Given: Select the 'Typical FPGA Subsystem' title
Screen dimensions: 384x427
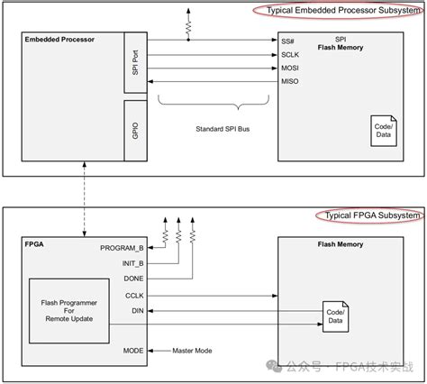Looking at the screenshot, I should click(368, 215).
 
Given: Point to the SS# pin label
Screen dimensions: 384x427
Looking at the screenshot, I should click(289, 41).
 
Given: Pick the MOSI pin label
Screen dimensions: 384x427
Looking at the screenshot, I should click(291, 69).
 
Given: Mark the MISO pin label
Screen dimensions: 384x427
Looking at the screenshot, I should click(291, 83).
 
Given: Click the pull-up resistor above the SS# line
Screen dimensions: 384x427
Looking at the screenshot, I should click(187, 27).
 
